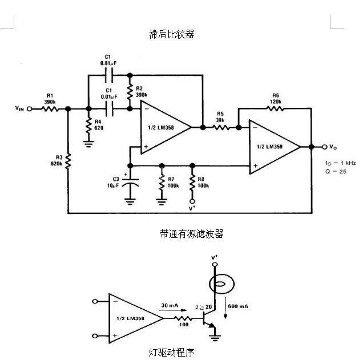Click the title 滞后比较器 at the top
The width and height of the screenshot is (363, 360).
click(x=171, y=34)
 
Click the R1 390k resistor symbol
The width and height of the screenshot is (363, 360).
click(x=50, y=108)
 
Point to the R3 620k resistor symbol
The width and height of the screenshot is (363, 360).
click(x=68, y=162)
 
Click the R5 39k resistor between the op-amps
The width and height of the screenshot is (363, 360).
click(x=221, y=128)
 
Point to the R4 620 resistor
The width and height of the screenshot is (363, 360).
click(x=88, y=125)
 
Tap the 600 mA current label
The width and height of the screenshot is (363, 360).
click(x=239, y=306)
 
